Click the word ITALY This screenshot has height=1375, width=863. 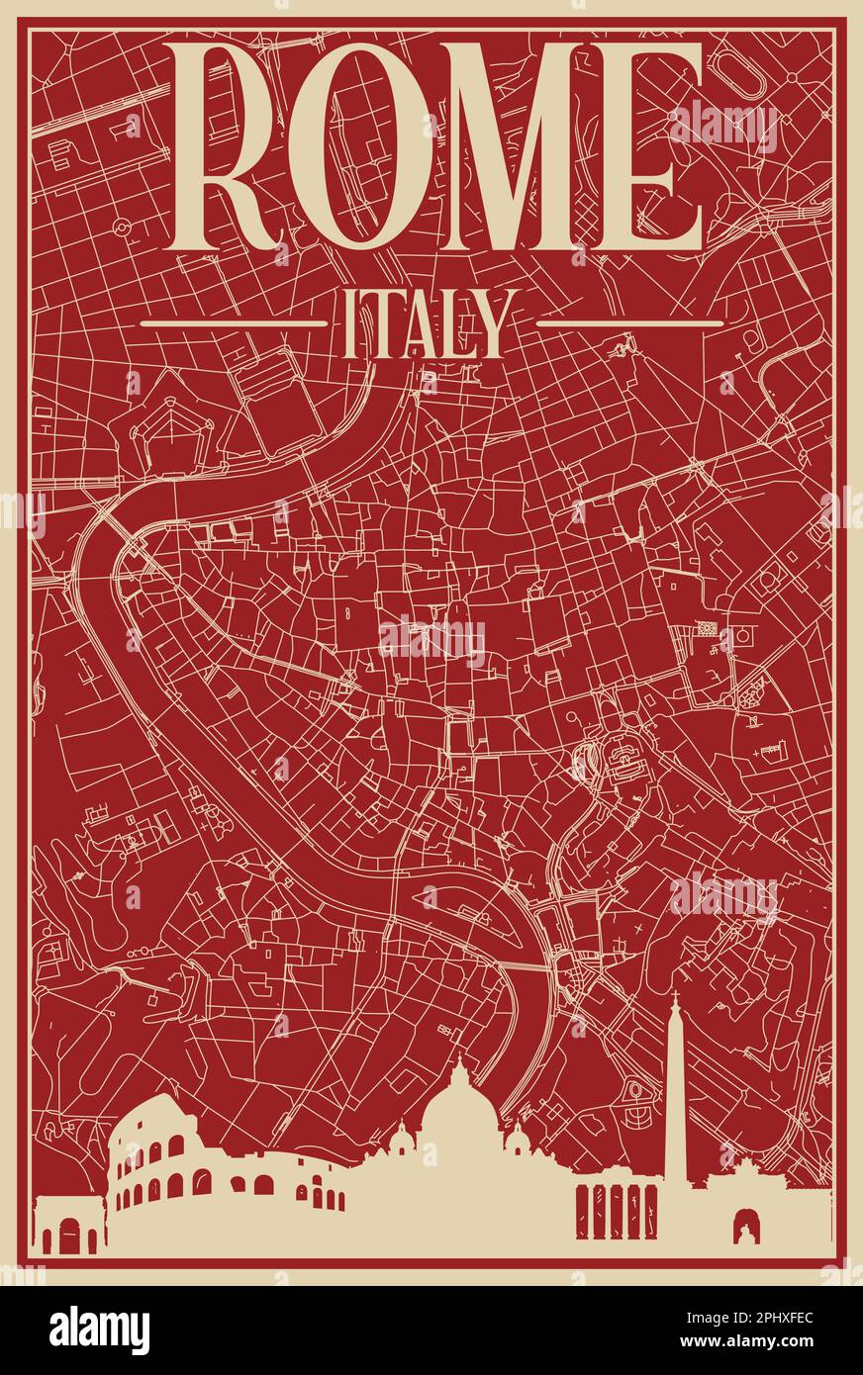point(430,322)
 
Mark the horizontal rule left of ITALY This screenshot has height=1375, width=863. point(234,322)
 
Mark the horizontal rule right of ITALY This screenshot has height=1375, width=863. point(629,322)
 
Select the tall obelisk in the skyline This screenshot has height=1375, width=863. point(677,1098)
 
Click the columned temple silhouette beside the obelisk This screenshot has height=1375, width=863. point(616,1209)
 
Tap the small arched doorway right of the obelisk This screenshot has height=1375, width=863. point(743,1227)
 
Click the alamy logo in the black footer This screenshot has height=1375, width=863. point(99,1330)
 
